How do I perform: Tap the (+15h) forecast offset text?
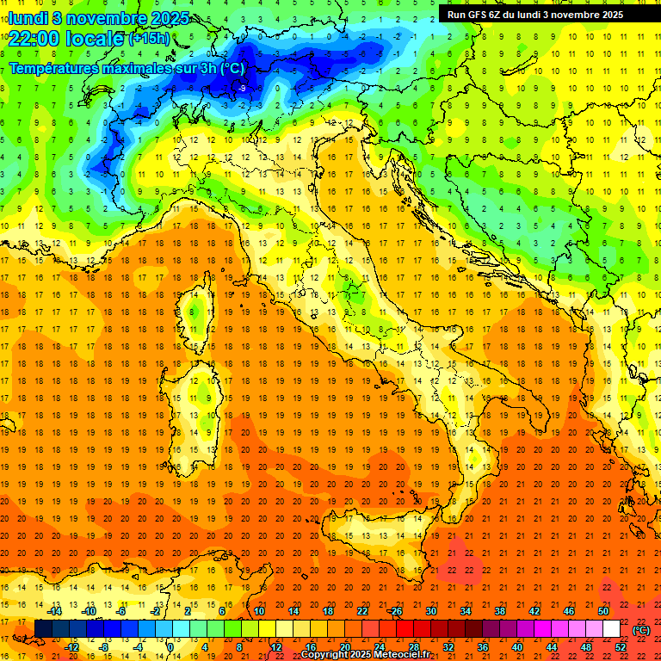pos(149,39)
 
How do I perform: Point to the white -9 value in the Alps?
pos(242,88)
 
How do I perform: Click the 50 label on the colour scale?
pos(603,611)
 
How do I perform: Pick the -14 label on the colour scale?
pos(56,611)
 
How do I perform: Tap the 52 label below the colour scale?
pos(621,647)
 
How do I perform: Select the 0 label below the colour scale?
pos(170,647)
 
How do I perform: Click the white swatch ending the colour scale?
pos(612,629)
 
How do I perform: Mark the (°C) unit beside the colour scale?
pos(641,630)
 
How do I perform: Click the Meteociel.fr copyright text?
pos(366,655)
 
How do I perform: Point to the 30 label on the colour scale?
pos(430,611)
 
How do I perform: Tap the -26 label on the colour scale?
pos(395,611)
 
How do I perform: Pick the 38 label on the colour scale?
pos(499,611)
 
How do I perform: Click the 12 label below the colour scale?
pos(275,647)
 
